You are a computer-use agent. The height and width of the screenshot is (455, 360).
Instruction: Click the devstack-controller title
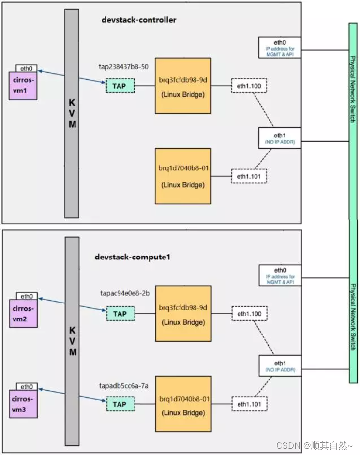[x=139, y=20]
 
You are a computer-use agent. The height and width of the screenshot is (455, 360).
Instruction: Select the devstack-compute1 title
[x=132, y=257]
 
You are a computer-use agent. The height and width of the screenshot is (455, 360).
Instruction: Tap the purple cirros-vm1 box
[x=23, y=86]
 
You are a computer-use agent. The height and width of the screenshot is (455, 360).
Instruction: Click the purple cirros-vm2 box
[x=23, y=312]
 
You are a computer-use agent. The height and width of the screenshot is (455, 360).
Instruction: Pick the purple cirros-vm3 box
[x=23, y=403]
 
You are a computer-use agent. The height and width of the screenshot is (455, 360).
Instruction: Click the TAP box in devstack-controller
[x=120, y=86]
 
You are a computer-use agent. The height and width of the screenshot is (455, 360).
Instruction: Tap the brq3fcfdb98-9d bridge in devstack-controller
[x=183, y=86]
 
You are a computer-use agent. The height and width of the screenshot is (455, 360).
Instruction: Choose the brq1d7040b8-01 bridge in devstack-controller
[x=183, y=176]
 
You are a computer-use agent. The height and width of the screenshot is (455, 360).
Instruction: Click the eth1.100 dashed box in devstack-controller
[x=249, y=86]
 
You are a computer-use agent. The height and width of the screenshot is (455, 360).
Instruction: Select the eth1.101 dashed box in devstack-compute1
[x=249, y=403]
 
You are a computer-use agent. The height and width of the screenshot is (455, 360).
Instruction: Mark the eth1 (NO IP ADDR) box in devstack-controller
[x=280, y=138]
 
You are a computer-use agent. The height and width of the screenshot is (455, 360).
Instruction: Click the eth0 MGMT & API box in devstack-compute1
[x=280, y=275]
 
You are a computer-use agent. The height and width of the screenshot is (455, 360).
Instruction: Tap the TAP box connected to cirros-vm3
[x=120, y=404]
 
